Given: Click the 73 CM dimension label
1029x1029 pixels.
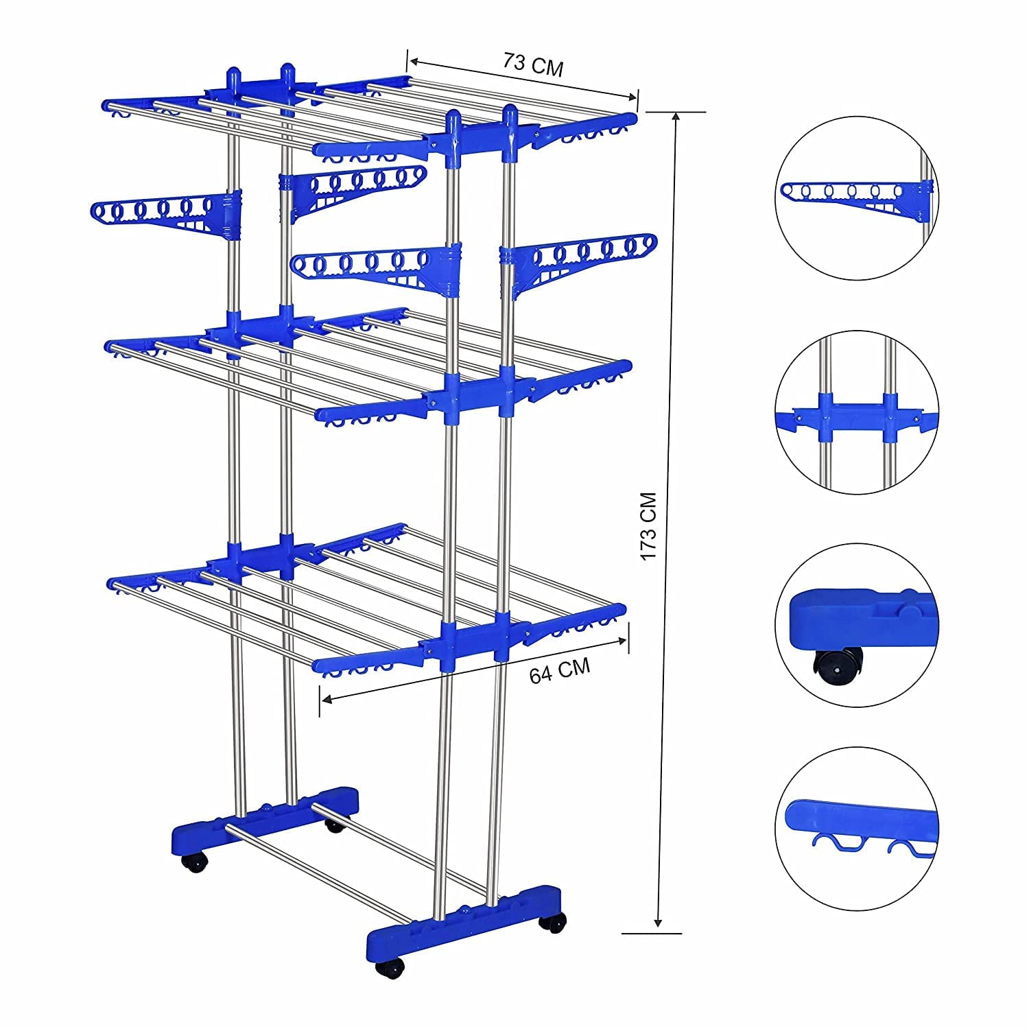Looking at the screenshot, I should [x=533, y=66].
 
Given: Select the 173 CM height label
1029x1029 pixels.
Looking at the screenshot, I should [x=649, y=525].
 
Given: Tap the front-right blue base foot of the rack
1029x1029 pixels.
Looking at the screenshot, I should [x=466, y=920].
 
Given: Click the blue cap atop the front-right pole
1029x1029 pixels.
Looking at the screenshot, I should [x=510, y=115].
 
